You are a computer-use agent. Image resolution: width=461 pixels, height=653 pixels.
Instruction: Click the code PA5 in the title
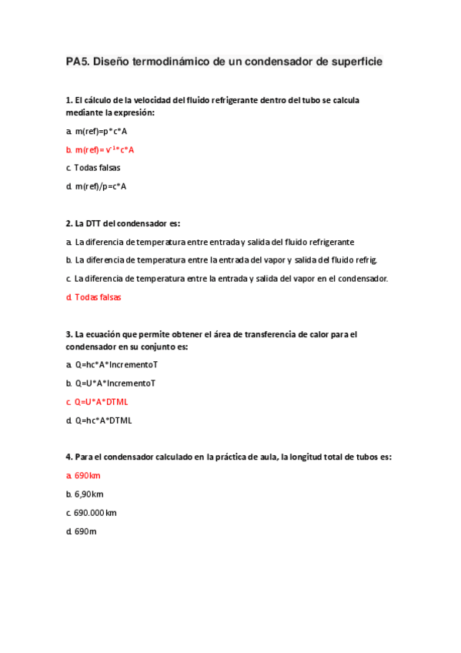[77, 61]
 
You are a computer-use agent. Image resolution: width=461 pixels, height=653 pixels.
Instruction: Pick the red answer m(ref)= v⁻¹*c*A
[105, 149]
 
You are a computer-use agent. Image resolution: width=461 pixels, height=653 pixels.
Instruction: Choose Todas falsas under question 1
[97, 167]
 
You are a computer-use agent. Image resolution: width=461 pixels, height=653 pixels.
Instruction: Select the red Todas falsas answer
[98, 296]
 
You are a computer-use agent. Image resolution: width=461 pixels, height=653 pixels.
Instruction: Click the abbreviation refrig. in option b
[364, 260]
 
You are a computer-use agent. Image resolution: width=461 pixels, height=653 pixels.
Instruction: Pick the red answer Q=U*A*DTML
[103, 401]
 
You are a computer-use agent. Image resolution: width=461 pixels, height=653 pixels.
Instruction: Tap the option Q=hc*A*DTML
[104, 420]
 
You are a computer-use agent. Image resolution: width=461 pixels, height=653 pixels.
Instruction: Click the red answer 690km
[88, 476]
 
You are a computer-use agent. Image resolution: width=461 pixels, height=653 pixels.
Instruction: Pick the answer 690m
[85, 531]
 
